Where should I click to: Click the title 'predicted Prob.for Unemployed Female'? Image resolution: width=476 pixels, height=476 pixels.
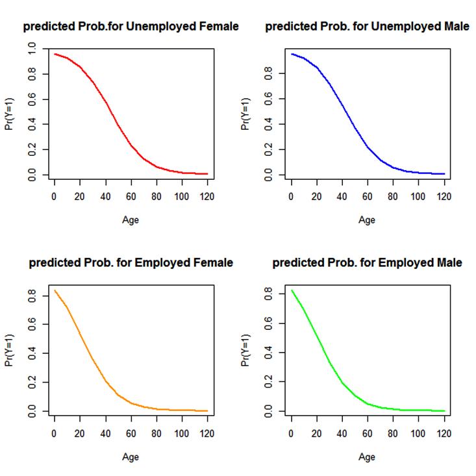coord(131,27)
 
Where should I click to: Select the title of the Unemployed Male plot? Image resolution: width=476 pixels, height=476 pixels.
coord(367,27)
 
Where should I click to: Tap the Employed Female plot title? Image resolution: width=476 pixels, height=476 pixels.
coord(131,263)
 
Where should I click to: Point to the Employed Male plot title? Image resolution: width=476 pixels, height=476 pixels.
coord(367,263)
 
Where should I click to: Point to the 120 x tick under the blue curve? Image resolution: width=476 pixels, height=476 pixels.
coord(444,195)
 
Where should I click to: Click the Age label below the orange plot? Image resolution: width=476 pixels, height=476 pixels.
coord(131,457)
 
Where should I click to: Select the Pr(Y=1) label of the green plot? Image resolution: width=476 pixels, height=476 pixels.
coord(245,351)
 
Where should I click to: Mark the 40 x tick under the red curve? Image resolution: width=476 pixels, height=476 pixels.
coord(105,195)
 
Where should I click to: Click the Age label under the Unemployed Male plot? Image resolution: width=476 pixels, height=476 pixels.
coord(367,219)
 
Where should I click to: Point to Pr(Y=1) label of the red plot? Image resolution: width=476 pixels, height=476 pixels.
coord(9,114)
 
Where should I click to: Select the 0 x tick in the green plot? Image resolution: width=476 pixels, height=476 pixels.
coord(291,432)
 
